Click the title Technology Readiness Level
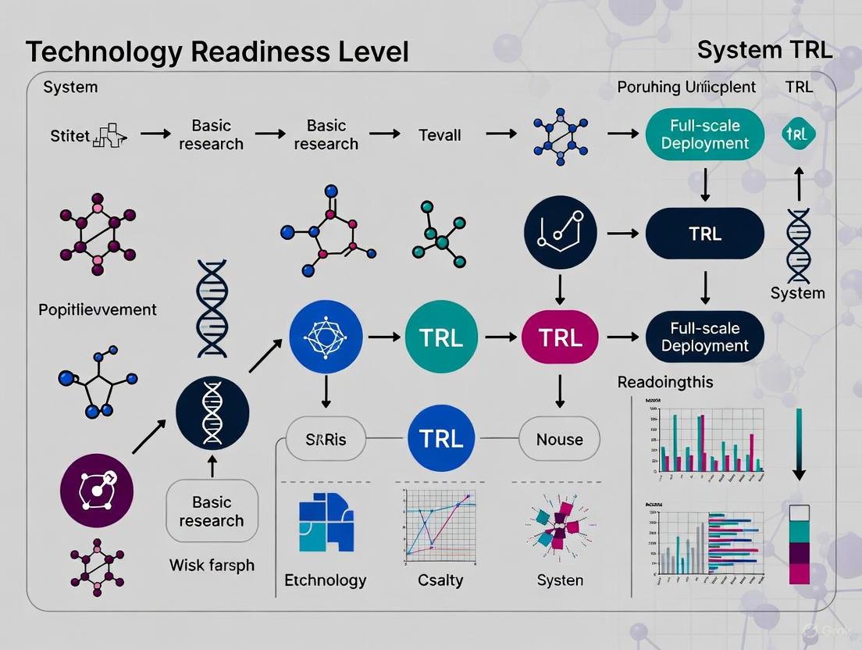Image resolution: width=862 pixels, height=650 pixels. click(x=217, y=52)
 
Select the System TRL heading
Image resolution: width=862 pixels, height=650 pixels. click(x=764, y=51)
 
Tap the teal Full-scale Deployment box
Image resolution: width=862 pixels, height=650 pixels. click(x=704, y=134)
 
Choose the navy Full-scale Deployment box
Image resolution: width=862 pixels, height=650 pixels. click(x=704, y=337)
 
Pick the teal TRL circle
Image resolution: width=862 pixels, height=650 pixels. click(x=441, y=337)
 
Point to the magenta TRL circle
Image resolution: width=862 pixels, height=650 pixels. click(x=559, y=337)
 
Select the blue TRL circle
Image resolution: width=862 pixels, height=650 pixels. click(x=441, y=438)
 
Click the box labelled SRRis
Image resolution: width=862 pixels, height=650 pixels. click(x=326, y=439)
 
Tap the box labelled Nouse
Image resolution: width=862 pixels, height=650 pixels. click(x=559, y=439)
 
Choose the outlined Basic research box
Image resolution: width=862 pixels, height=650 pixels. click(x=212, y=511)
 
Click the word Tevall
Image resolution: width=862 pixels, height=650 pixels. click(x=440, y=134)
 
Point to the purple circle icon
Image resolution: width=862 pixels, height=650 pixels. click(x=97, y=490)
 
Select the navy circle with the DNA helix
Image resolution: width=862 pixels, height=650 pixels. click(x=212, y=411)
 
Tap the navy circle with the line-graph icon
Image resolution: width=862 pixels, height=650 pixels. click(x=559, y=233)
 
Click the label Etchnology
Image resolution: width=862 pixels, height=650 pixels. click(x=326, y=580)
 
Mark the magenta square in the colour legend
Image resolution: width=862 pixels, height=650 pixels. click(x=800, y=574)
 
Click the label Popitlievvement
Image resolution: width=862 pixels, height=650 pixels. click(x=98, y=309)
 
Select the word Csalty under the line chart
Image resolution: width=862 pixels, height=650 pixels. click(x=440, y=580)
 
